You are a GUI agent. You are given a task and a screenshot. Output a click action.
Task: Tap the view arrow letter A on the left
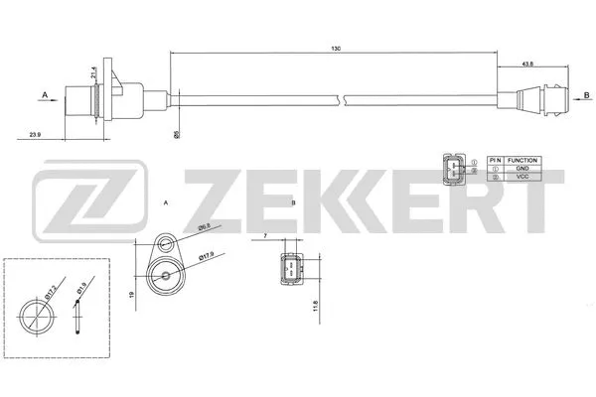point(45,95)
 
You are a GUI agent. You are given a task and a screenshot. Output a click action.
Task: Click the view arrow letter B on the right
point(586,94)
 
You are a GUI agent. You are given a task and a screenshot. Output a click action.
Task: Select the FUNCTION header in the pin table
point(521,159)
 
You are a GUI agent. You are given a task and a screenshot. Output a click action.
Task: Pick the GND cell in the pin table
point(521,170)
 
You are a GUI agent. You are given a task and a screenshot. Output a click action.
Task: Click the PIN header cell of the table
point(494,159)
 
